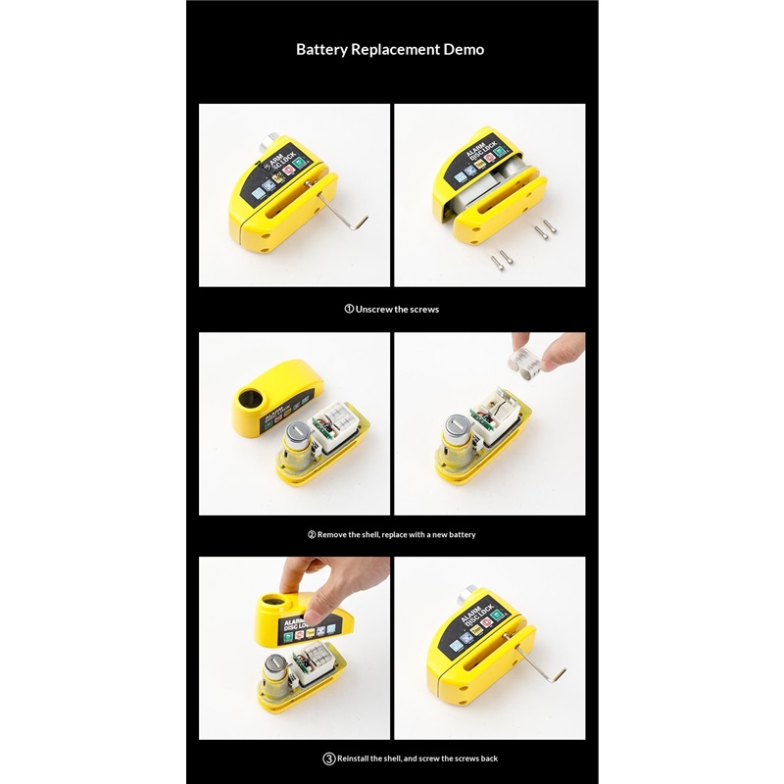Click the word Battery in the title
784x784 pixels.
[321, 50]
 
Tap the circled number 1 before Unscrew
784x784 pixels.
[349, 309]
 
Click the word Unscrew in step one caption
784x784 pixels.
[374, 310]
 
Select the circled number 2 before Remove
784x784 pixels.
[312, 534]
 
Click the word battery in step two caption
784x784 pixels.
[462, 535]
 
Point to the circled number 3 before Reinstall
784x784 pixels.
[328, 759]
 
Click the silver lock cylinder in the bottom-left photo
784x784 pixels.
[276, 675]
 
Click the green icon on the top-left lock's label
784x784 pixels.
[299, 163]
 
